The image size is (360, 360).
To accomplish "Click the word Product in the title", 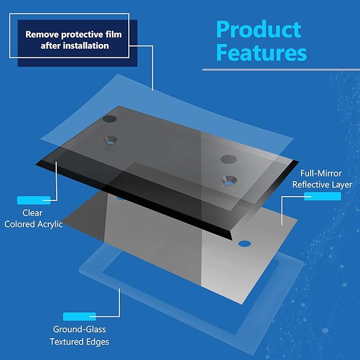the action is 259,29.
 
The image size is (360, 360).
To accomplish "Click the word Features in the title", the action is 261,52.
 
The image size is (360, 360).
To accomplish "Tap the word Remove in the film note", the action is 42,34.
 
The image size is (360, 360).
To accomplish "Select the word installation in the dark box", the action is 86,46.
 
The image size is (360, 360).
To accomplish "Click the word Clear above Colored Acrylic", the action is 32,213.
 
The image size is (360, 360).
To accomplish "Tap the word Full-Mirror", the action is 321,173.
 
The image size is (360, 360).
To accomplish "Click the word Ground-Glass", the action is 80,329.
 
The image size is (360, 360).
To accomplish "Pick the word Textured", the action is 64,341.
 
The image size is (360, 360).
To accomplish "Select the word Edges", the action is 94,342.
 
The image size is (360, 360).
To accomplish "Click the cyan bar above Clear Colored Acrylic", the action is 34,200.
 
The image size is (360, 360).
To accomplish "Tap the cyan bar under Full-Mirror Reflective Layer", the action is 322,196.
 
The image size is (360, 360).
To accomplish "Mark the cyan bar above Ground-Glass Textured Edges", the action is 80,317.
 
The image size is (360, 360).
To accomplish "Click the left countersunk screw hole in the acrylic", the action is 110,141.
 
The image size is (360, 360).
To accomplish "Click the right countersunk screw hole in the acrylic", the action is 229,181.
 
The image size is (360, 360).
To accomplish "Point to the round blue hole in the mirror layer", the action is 244,244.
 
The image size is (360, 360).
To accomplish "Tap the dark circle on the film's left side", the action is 110,119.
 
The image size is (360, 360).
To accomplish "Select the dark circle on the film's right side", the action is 229,159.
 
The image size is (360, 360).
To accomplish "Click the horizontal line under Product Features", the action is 281,69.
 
